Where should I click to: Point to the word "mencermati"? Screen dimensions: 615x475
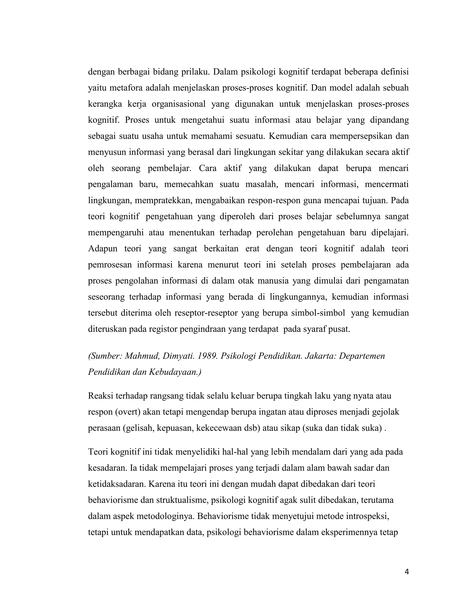[x=386, y=184]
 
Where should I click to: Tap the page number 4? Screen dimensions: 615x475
[x=407, y=572]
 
